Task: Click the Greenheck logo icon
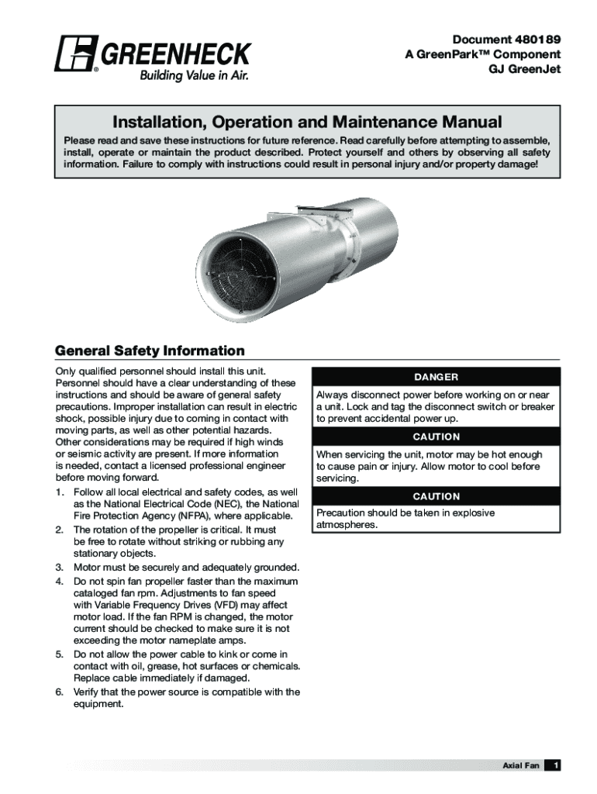(74, 54)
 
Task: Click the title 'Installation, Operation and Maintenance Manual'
(307, 123)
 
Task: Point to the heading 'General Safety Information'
(150, 350)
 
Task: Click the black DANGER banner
(436, 377)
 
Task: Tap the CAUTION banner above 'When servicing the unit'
(436, 437)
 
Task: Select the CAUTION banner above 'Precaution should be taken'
(436, 496)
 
